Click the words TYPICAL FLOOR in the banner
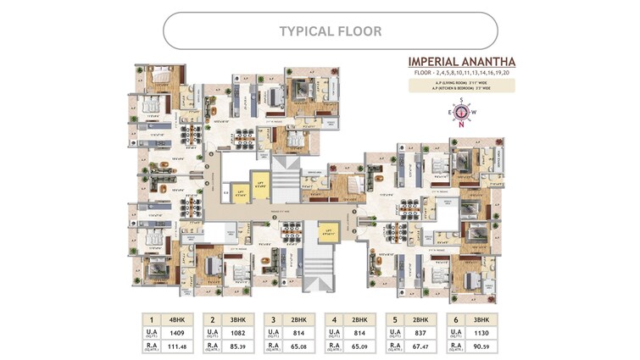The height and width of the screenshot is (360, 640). click(330, 31)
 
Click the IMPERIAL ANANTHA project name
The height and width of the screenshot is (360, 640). click(462, 62)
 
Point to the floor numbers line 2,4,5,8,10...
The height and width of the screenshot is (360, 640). click(461, 74)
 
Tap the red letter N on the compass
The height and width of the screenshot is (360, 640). click(460, 126)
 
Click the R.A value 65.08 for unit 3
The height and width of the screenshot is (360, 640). click(295, 346)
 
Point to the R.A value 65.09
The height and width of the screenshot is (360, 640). click(355, 346)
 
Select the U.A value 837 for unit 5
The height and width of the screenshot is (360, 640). click(416, 334)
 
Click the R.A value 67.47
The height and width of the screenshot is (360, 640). click(416, 346)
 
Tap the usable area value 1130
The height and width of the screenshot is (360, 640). click(476, 334)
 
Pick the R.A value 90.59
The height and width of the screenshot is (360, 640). click(476, 346)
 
